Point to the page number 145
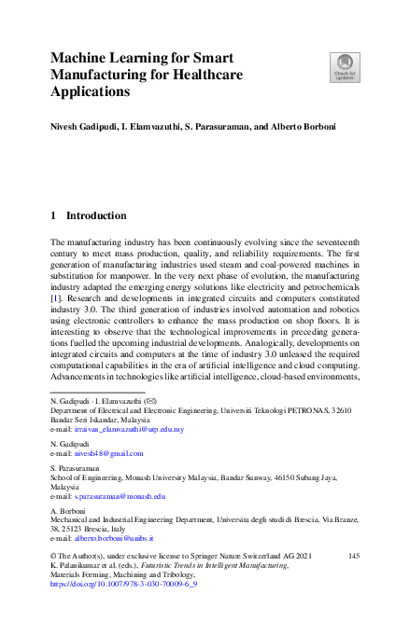point(353,556)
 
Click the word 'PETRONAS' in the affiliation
point(308,410)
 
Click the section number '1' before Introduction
point(53,215)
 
